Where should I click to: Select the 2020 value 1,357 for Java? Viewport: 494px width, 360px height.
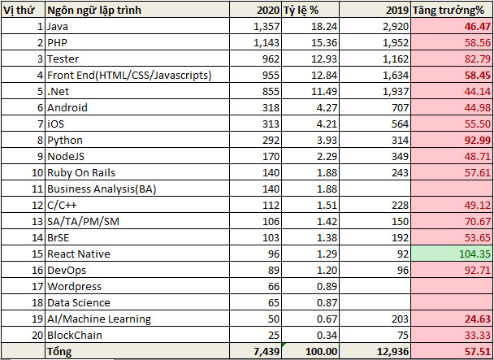point(256,27)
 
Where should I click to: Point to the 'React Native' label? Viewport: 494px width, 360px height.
point(79,253)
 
